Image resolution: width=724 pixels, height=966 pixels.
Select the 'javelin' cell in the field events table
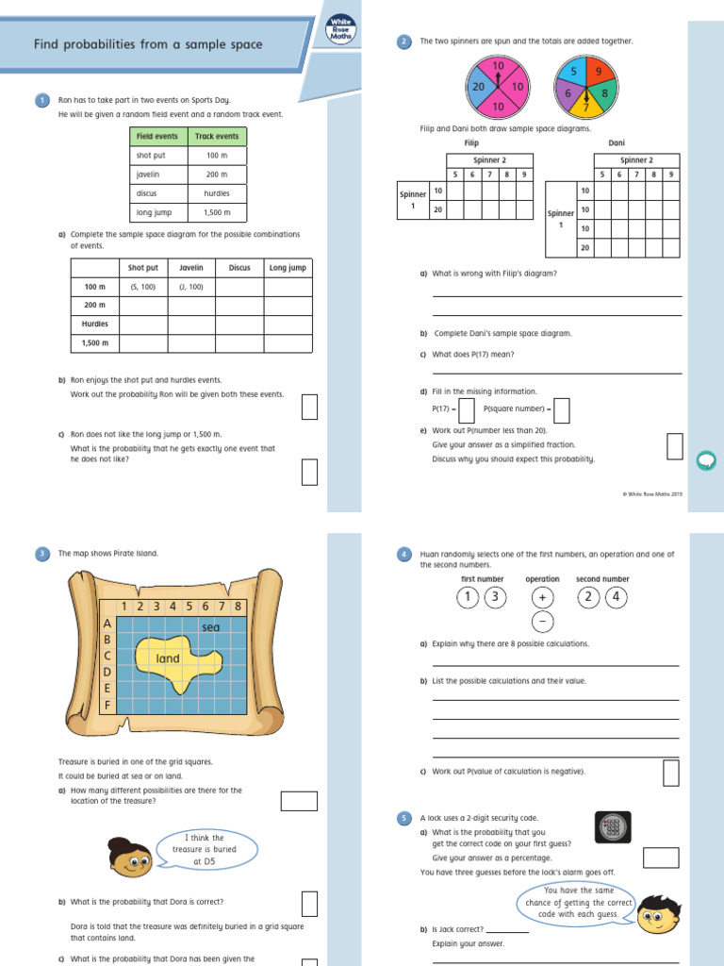(x=157, y=175)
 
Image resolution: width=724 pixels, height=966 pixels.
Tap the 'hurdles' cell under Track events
(x=217, y=193)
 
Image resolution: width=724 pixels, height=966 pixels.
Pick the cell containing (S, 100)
(x=143, y=287)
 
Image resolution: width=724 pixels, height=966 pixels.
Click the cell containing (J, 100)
(x=191, y=287)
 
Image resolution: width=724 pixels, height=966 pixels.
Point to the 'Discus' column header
(x=239, y=268)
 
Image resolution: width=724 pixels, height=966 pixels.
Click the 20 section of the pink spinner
(x=479, y=86)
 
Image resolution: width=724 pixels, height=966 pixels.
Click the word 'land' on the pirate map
(x=168, y=658)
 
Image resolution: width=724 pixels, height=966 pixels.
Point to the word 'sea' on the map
(x=210, y=627)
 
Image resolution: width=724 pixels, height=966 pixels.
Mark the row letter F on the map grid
(x=107, y=705)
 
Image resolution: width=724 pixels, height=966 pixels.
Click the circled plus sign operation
(x=542, y=597)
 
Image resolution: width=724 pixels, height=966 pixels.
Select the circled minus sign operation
(x=542, y=622)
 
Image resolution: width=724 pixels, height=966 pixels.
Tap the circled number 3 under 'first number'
(x=496, y=597)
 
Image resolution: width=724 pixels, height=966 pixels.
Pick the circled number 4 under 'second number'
(x=616, y=597)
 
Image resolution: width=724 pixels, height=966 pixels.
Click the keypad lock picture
(x=612, y=827)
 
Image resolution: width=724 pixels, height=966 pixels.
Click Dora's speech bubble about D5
(x=205, y=849)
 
